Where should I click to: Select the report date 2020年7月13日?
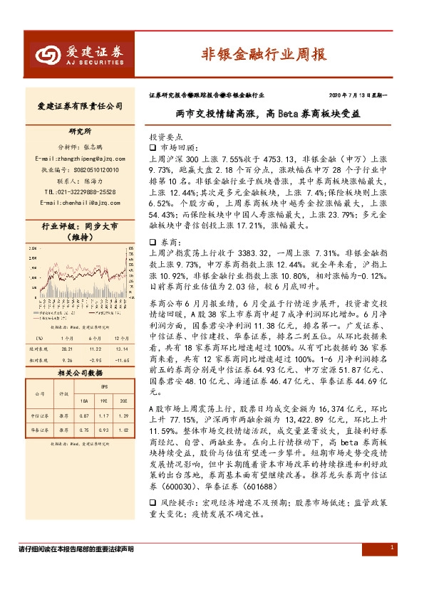[x=352, y=94]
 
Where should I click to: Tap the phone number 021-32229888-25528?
[x=85, y=192]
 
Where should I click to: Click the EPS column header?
[x=104, y=388]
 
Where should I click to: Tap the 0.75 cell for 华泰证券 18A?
[x=86, y=429]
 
